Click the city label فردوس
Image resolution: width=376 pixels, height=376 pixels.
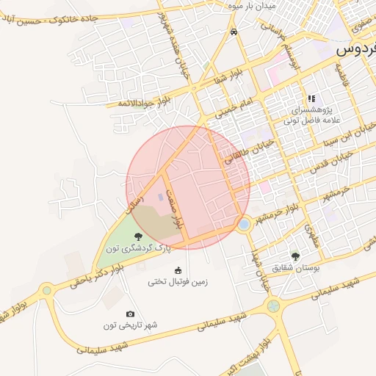pos(355,50)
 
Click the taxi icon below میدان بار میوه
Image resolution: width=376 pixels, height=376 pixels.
pos(234,32)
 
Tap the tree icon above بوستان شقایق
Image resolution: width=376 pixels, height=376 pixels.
pos(295,257)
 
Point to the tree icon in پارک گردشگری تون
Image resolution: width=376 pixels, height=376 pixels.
pos(138,236)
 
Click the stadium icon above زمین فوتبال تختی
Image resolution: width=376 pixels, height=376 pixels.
pos(177,270)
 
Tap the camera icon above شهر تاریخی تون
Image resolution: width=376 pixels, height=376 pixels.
pos(131,314)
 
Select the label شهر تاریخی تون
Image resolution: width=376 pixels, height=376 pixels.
pos(131,325)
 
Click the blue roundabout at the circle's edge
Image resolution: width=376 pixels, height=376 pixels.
pos(244,224)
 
